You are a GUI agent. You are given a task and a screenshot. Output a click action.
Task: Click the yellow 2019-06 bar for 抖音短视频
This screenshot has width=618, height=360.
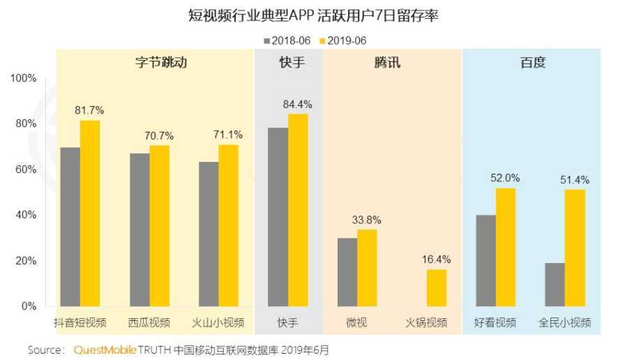pos(89,213)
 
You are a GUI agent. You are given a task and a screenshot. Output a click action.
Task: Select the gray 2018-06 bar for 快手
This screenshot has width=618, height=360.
pos(278,217)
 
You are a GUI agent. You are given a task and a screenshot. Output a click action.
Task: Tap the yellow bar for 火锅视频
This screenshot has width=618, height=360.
pos(437,287)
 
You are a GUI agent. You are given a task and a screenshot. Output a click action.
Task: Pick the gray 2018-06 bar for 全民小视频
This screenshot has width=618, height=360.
pos(555,284)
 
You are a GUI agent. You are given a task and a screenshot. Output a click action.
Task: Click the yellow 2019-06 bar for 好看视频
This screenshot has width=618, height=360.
pos(506,247)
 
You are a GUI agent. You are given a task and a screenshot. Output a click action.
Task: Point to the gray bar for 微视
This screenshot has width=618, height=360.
pos(347,272)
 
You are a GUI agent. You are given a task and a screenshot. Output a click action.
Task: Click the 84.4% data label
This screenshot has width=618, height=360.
pos(297,105)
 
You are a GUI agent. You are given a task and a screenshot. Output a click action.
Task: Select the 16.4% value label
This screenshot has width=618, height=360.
pos(437,260)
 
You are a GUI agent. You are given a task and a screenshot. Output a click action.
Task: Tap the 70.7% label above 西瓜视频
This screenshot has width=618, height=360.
pos(159,135)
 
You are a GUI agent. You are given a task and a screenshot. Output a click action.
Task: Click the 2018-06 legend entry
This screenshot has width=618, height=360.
pos(288,40)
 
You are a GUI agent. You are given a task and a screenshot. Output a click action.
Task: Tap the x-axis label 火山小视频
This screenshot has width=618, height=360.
pos(218,323)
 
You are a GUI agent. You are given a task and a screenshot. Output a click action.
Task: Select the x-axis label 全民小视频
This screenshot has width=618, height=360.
pos(565,323)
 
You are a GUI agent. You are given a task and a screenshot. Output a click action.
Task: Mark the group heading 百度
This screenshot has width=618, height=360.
pos(533,63)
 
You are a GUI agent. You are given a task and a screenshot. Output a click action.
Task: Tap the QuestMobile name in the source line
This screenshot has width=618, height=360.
pos(104,350)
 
